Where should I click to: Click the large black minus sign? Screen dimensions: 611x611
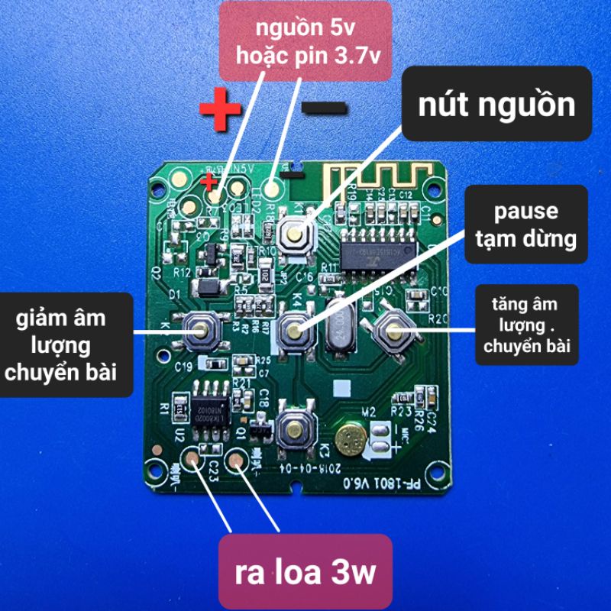[325, 108]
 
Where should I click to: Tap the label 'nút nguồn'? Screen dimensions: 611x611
[496, 104]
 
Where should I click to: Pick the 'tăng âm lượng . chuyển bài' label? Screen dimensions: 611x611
[525, 324]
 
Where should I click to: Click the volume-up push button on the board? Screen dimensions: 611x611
[393, 330]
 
